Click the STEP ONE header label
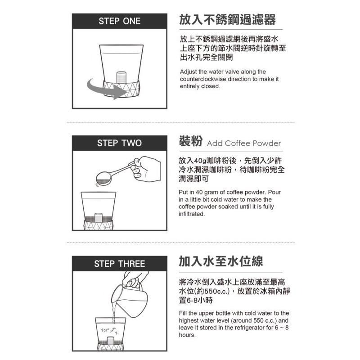[119, 21]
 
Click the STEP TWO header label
[119, 143]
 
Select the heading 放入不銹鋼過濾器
[227, 20]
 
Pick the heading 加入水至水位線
[220, 261]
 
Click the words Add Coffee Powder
[243, 144]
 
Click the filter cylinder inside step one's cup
[120, 77]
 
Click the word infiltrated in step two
[192, 214]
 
